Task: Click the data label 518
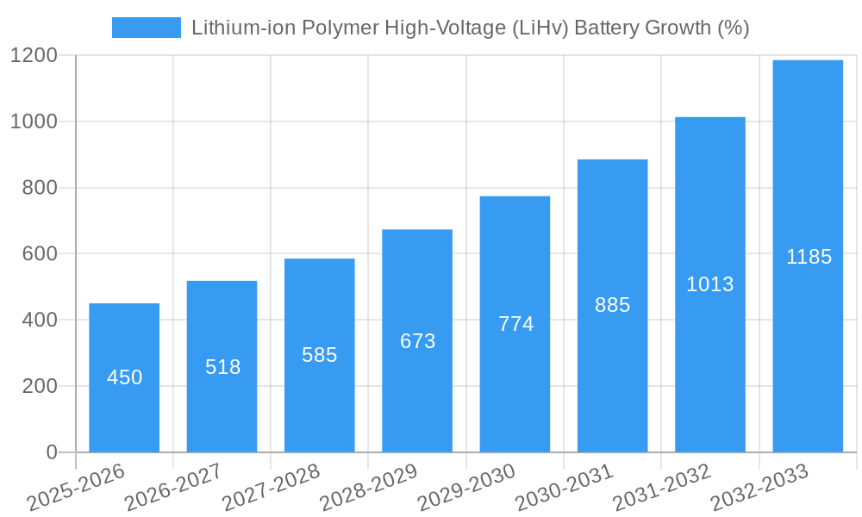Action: pyautogui.click(x=222, y=367)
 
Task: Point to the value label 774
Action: pyautogui.click(x=515, y=324)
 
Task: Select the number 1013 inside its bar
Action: pyautogui.click(x=709, y=284)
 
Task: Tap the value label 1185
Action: pyautogui.click(x=809, y=257)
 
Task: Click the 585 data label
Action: pyautogui.click(x=319, y=355)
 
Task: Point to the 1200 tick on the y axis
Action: pyautogui.click(x=34, y=56)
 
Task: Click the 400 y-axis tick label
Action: pyautogui.click(x=40, y=321)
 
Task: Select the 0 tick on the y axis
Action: pyautogui.click(x=51, y=452)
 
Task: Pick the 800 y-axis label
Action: pyautogui.click(x=40, y=188)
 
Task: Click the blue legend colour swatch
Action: pyautogui.click(x=146, y=28)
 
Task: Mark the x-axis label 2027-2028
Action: pyautogui.click(x=272, y=487)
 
